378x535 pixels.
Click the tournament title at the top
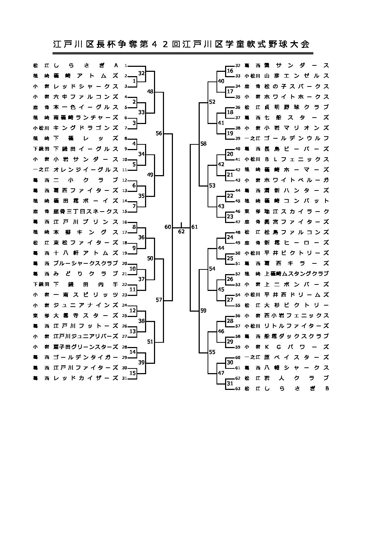point(181,44)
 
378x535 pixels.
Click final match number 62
point(181,231)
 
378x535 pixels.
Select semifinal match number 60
point(168,227)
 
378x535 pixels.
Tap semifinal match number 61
point(194,227)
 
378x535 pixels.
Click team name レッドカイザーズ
point(86,378)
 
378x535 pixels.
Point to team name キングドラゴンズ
point(86,128)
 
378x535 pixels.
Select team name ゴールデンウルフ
point(296,138)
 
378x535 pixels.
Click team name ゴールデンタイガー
point(86,357)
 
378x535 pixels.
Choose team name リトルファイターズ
point(296,326)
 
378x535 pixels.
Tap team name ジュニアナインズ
point(86,305)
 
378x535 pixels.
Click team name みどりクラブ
point(86,274)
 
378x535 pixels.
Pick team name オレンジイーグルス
point(86,169)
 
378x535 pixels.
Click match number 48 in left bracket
point(150,91)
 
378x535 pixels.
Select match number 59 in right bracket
point(203,311)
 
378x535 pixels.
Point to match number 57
point(159,300)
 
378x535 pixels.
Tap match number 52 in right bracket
point(212,102)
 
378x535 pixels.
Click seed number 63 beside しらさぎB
point(238,388)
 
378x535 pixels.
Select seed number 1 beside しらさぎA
point(126,65)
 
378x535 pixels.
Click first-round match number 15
point(133,373)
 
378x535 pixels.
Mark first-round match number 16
point(230,71)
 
